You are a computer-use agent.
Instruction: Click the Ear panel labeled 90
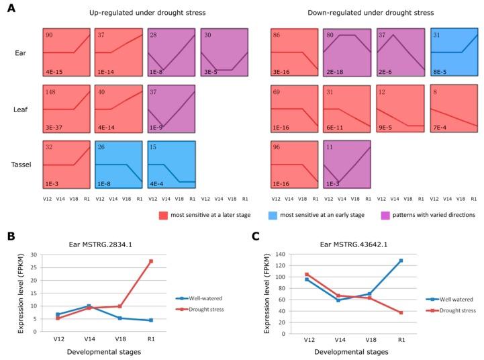pos(66,52)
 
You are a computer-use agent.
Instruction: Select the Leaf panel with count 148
pos(66,107)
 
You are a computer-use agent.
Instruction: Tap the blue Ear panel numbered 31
pos(454,52)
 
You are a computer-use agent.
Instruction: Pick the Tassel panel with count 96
pos(294,164)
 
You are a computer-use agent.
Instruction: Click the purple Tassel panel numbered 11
pos(346,164)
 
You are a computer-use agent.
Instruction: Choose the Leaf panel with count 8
pos(454,107)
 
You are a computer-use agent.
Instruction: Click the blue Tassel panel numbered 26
pos(119,164)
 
